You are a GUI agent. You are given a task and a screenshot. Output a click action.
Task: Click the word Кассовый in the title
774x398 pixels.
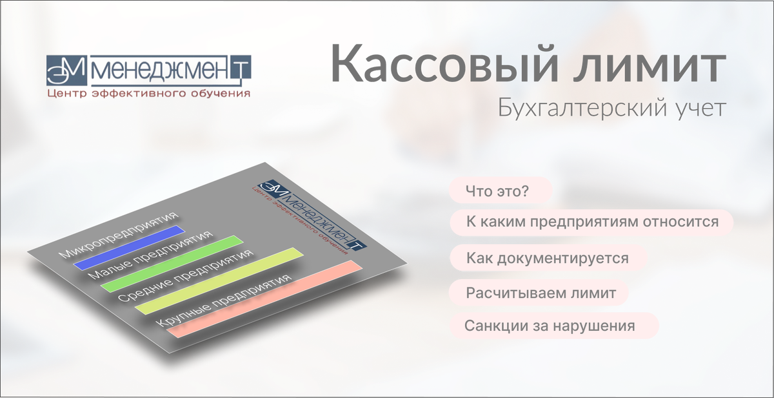(444, 64)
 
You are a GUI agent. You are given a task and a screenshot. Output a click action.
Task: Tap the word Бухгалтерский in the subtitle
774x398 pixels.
(583, 109)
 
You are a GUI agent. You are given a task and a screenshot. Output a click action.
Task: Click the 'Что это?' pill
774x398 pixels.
(501, 191)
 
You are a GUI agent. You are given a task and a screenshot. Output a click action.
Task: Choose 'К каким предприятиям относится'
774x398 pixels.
(591, 222)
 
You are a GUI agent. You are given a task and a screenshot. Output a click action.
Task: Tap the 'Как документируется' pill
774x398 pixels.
(548, 258)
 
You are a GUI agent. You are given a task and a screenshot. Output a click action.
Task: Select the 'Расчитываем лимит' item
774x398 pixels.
(539, 293)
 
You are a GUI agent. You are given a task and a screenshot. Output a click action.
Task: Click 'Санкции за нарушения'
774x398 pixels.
(554, 326)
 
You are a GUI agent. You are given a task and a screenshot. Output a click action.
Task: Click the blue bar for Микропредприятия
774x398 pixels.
(129, 247)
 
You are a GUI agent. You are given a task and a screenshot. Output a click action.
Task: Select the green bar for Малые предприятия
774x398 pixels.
(172, 264)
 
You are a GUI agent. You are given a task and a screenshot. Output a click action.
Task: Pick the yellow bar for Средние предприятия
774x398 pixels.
(219, 280)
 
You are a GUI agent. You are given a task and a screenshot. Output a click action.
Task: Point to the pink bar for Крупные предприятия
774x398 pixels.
(264, 299)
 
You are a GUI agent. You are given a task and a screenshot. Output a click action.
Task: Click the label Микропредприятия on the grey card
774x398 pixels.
(119, 235)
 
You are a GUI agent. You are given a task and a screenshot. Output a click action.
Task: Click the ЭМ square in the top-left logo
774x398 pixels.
(66, 70)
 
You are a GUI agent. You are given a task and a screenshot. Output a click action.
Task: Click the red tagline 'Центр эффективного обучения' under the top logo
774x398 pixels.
(148, 94)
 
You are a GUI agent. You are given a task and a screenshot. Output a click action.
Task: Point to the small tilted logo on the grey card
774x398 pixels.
(310, 216)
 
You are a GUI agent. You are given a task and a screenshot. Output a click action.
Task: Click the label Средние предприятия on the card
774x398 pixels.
(186, 275)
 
